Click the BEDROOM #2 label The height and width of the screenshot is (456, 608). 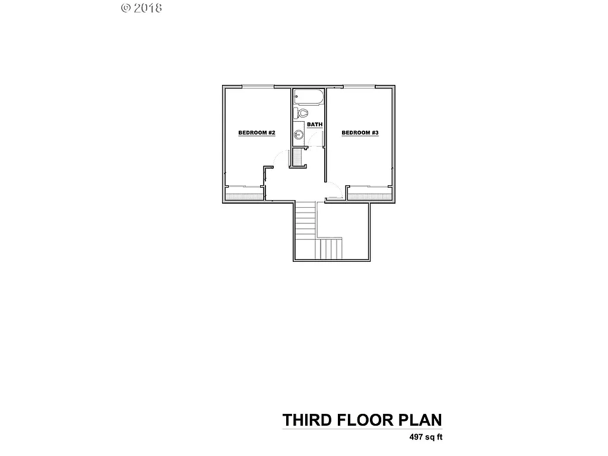pyautogui.click(x=256, y=132)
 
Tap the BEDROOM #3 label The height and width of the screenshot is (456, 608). pyautogui.click(x=360, y=132)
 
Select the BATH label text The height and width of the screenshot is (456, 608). pyautogui.click(x=315, y=125)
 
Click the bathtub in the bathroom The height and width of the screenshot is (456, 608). pyautogui.click(x=308, y=97)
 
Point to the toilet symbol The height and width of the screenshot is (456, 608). pyautogui.click(x=302, y=112)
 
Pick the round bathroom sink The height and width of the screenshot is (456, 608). pyautogui.click(x=299, y=135)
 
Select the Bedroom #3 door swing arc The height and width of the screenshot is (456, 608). pyautogui.click(x=334, y=192)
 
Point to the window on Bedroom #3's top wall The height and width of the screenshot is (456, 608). pyautogui.click(x=360, y=87)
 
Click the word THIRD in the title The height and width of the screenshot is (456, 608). pyautogui.click(x=307, y=420)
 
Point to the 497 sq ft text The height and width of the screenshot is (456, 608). pyautogui.click(x=426, y=438)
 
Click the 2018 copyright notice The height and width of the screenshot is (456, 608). pyautogui.click(x=142, y=8)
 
